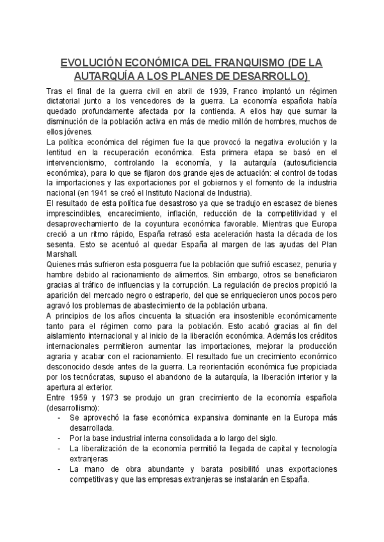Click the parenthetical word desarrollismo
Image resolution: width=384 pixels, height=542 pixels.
[x=74, y=408]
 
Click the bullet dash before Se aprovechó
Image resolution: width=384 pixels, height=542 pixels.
[x=60, y=418]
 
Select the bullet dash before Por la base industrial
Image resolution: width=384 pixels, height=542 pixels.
[x=60, y=438]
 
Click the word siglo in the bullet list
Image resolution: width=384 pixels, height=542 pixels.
[x=264, y=438]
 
